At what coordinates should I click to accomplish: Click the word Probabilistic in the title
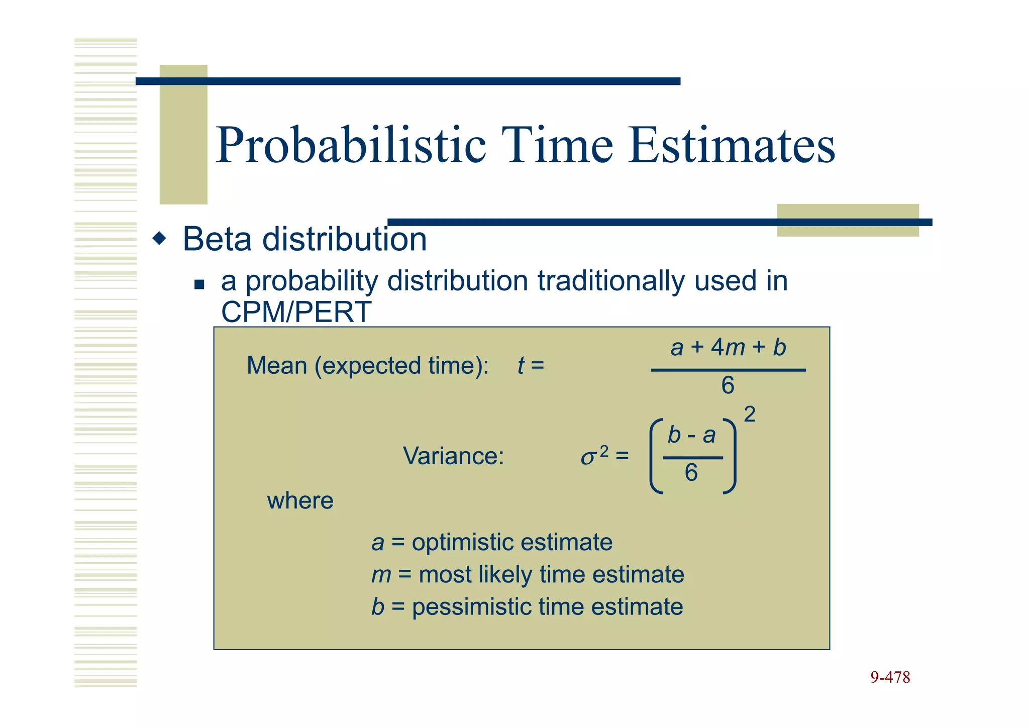351,146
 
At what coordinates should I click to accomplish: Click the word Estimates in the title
732,146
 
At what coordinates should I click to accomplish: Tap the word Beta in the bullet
217,239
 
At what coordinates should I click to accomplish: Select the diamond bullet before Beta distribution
160,238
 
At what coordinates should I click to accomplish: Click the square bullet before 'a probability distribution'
199,285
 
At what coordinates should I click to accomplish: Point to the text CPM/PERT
296,312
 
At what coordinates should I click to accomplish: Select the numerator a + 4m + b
728,348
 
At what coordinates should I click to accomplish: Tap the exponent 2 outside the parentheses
749,415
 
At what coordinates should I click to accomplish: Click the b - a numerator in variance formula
691,435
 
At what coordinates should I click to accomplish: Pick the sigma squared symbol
594,456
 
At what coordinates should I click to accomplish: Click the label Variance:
453,456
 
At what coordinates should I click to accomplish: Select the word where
300,501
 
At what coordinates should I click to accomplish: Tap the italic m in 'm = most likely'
381,575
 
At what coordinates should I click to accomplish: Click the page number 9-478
890,678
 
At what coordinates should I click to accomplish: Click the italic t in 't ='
521,366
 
